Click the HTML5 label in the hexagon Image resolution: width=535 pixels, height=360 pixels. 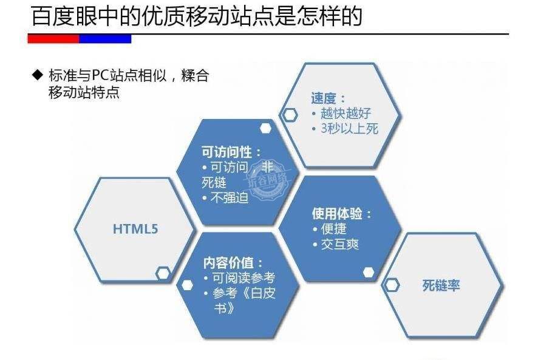point(135,229)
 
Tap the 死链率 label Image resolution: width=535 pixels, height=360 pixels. point(441,285)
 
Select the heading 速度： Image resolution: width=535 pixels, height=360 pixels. point(329,98)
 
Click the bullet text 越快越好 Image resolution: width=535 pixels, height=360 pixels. point(346,114)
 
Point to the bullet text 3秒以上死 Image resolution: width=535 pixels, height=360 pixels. point(350,129)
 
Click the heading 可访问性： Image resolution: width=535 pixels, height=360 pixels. point(232,152)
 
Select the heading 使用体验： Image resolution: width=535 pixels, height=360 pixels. point(342,214)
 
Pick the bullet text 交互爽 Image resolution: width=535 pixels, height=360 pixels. point(340,244)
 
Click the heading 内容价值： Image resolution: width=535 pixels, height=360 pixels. point(233,263)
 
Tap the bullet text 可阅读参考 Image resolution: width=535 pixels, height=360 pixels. point(244,278)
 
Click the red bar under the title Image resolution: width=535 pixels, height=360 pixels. point(53,39)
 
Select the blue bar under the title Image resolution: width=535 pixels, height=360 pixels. point(106,39)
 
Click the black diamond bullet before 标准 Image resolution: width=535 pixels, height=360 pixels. point(38,75)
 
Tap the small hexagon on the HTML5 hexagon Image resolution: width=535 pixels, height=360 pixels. point(163,273)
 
